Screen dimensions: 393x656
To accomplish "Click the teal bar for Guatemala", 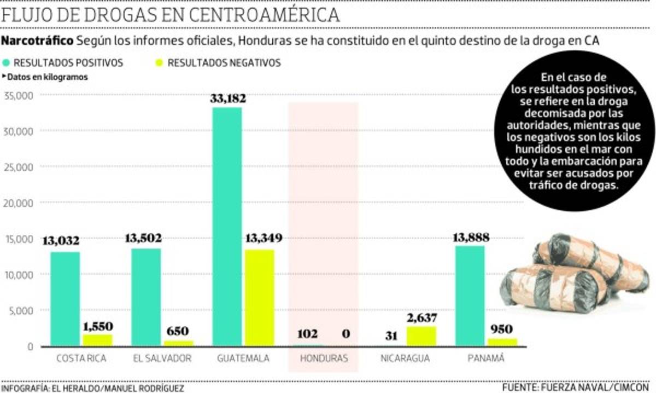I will (227, 227).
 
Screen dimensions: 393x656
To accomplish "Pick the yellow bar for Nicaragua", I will (421, 336).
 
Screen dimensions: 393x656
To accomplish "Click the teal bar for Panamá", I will (470, 296).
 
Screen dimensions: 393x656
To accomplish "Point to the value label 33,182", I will (228, 99).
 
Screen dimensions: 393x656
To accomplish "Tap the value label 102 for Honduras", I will (307, 334).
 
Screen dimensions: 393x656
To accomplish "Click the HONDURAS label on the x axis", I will (323, 359).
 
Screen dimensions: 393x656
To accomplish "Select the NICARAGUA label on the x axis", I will (405, 359).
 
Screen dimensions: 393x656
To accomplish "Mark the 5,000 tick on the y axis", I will (21, 310).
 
